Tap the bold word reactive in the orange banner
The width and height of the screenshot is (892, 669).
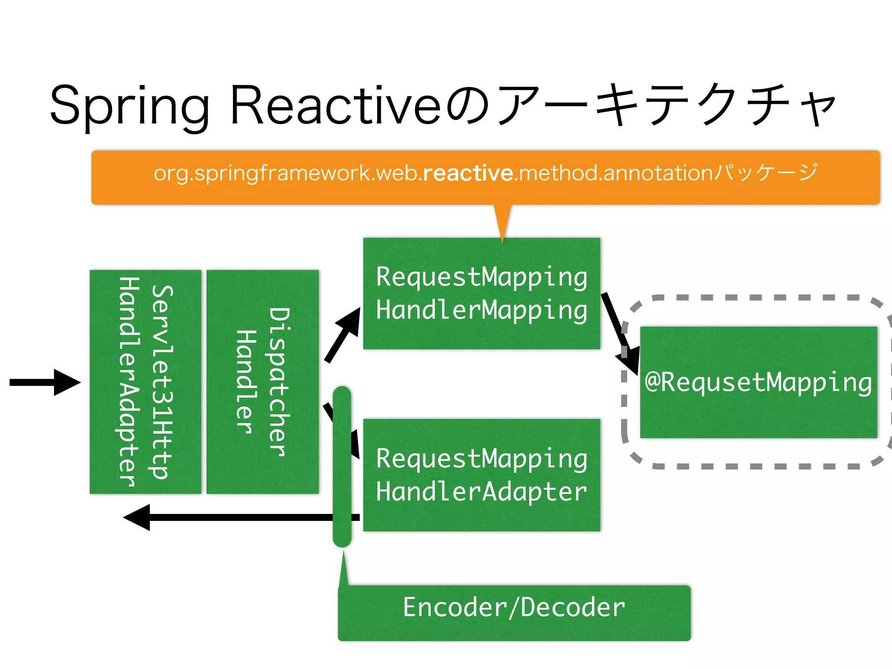(468, 173)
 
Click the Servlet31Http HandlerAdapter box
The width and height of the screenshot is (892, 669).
(145, 382)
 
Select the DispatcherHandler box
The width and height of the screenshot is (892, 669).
(262, 382)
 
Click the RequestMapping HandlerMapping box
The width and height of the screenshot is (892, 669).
(481, 294)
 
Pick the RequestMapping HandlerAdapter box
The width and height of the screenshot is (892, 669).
(481, 475)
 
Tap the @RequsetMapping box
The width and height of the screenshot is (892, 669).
(758, 382)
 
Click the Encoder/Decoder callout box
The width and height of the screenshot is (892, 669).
(514, 612)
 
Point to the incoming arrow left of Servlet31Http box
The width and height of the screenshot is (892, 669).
(44, 382)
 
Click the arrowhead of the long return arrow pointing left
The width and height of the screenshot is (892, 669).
(137, 517)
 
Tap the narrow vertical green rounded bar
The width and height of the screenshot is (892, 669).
(342, 466)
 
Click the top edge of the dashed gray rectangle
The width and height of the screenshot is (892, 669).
(758, 297)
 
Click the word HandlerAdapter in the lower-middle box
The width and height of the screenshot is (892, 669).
(481, 492)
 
